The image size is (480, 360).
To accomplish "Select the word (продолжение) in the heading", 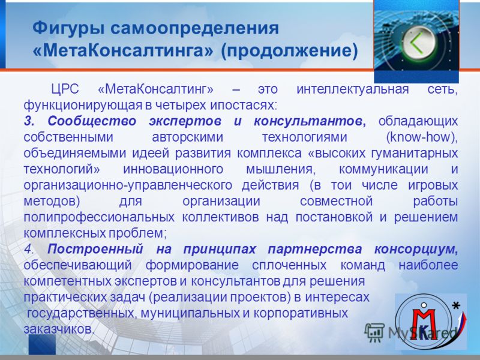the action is [289, 51].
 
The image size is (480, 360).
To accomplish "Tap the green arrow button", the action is [416, 43].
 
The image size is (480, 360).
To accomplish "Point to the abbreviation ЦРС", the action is [65, 89].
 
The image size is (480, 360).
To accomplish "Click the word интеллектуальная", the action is [353, 89].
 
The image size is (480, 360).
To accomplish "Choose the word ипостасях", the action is [244, 106].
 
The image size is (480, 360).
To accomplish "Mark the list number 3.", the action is [29, 121].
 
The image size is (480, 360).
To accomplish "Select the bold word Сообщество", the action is [92, 122].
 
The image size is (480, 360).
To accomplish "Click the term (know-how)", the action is [422, 137].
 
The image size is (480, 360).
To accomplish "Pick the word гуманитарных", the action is [415, 154].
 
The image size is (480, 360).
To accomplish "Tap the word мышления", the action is [280, 169].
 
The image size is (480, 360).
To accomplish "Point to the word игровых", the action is [433, 185].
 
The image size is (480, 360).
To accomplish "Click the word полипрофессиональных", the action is [99, 217].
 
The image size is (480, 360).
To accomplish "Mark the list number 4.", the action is [29, 249].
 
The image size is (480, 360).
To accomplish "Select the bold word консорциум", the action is [416, 250].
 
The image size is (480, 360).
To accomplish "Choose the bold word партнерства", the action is [315, 250].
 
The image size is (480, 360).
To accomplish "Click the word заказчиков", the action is [58, 329].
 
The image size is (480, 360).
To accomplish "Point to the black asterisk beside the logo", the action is [456, 305].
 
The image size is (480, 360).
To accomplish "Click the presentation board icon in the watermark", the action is [374, 332].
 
